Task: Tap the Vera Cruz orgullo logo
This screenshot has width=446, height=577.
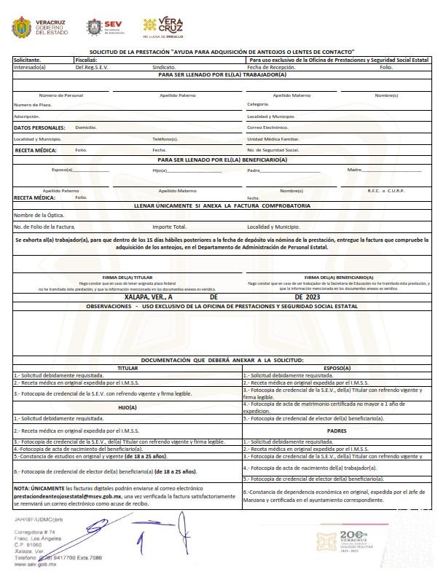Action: click(163, 27)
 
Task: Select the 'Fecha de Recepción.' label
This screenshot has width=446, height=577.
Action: click(272, 66)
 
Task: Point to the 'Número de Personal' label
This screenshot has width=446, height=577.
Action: click(60, 95)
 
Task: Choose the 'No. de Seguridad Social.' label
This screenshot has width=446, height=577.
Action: click(273, 150)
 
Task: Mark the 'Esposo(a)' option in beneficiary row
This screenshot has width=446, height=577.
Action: click(63, 170)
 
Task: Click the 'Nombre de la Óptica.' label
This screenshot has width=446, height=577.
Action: click(39, 216)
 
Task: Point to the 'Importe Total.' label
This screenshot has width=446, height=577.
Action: click(170, 227)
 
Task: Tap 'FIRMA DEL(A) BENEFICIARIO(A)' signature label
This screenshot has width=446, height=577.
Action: click(338, 277)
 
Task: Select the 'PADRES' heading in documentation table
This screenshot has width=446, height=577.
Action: click(336, 431)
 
